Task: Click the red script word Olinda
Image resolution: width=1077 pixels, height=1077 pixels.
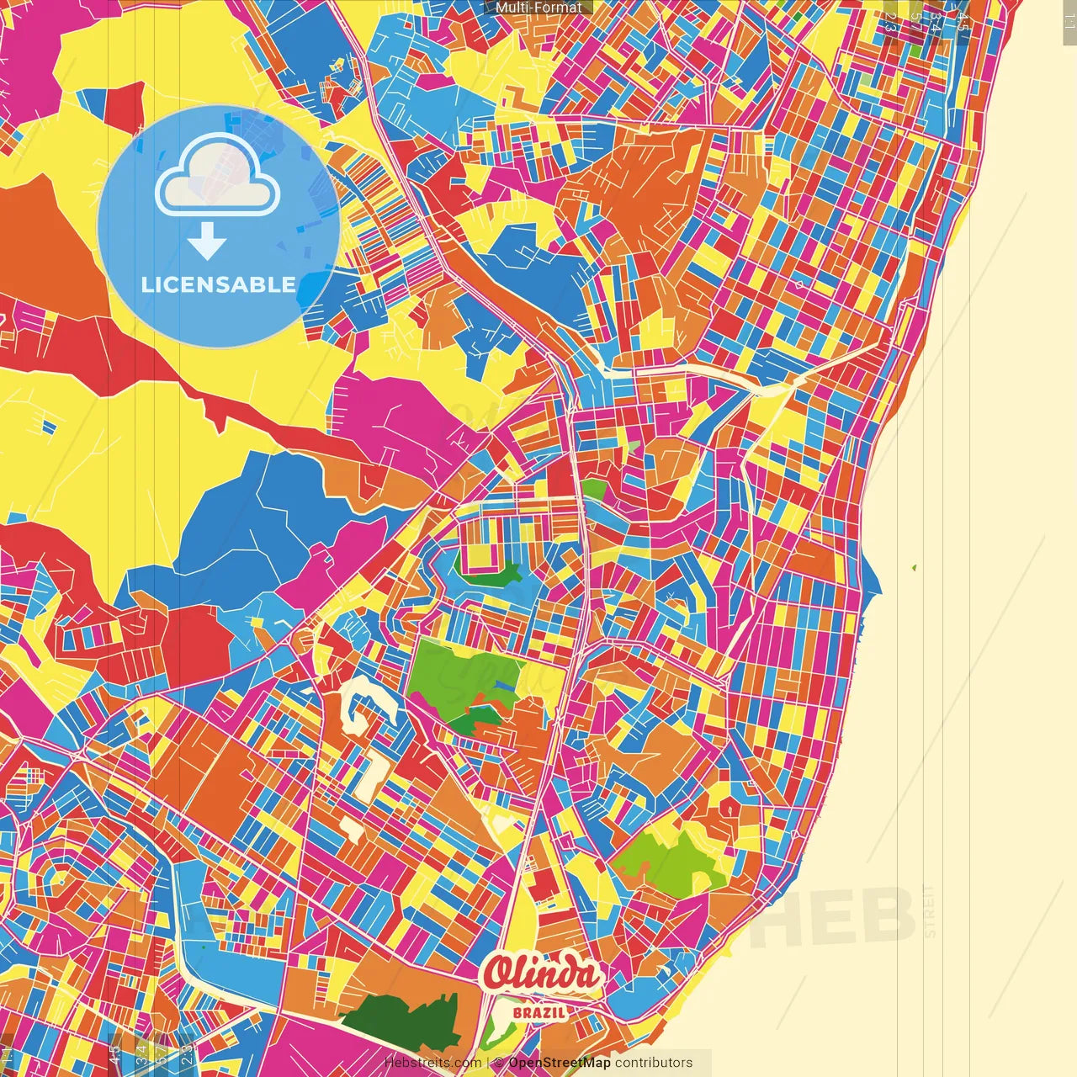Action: click(x=543, y=974)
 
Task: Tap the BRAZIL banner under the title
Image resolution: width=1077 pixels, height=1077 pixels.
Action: click(x=539, y=1012)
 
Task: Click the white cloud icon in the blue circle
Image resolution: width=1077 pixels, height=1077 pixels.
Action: click(x=217, y=178)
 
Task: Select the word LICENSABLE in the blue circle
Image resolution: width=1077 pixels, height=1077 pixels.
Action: click(x=219, y=284)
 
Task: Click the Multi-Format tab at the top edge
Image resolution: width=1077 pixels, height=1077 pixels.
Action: click(x=538, y=8)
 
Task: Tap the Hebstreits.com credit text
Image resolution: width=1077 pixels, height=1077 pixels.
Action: click(x=433, y=1063)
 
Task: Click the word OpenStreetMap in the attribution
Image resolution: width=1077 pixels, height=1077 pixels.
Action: click(x=559, y=1063)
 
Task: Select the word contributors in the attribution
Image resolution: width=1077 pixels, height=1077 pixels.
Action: click(x=654, y=1063)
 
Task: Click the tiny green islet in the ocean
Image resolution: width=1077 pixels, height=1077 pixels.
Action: click(x=914, y=568)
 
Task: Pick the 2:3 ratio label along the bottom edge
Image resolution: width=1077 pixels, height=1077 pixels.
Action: click(x=184, y=1053)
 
